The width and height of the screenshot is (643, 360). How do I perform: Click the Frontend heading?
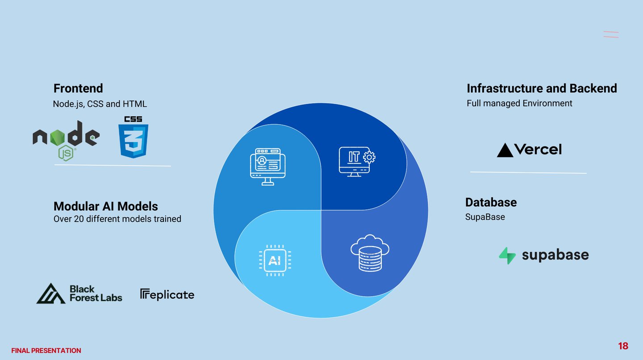(78, 88)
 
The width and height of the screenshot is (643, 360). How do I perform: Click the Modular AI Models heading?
(106, 206)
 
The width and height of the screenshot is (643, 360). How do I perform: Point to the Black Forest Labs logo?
(79, 293)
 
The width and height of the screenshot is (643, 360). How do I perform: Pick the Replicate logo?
(167, 294)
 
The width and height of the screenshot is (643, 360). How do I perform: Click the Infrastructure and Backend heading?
(542, 88)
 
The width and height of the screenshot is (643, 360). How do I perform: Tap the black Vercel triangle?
(505, 150)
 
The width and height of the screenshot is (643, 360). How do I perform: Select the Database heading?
(491, 202)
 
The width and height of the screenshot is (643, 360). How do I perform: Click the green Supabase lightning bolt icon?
(507, 255)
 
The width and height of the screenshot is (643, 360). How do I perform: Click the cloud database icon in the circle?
(370, 253)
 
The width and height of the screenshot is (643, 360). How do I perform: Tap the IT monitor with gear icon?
(357, 161)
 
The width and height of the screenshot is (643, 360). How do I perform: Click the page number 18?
(623, 346)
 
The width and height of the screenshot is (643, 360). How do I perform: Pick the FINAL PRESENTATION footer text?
(46, 351)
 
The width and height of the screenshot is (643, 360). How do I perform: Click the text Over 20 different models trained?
(117, 219)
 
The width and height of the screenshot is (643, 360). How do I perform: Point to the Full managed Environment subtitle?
(519, 103)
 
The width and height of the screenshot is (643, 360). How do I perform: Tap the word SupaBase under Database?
(485, 217)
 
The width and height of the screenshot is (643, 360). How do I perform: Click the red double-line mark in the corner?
(611, 34)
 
